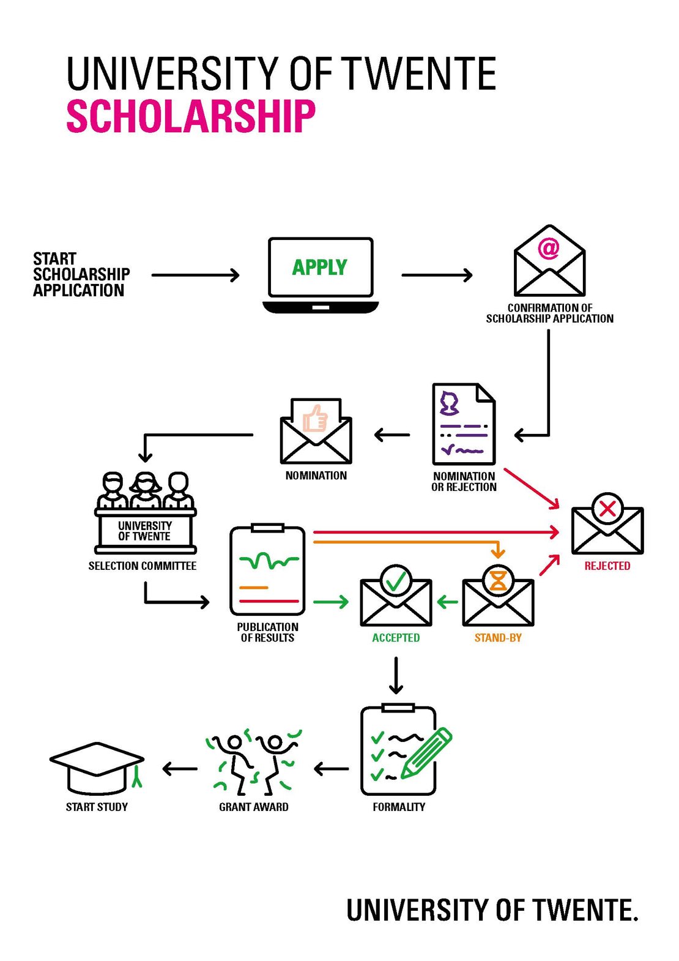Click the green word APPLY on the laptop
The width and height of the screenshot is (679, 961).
click(319, 267)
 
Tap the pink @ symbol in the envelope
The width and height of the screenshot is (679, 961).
click(549, 248)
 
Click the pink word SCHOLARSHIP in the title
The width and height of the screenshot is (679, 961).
click(191, 116)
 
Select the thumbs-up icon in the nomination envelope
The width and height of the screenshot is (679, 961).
click(316, 419)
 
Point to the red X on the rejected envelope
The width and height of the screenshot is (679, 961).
click(607, 509)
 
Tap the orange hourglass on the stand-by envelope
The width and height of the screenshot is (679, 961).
click(498, 580)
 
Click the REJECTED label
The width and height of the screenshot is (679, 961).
click(607, 566)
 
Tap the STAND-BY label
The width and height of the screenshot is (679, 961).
click(498, 638)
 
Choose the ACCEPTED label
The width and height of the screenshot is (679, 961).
click(396, 638)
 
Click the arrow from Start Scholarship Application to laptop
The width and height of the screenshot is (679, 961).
click(195, 275)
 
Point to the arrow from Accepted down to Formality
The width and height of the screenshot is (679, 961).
click(396, 675)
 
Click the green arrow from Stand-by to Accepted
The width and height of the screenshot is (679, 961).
click(448, 602)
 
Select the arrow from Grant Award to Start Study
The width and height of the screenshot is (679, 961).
click(180, 769)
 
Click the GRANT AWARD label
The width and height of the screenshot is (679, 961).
click(253, 807)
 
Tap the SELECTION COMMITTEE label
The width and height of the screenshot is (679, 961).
click(142, 566)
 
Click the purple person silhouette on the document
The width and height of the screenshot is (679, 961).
click(450, 402)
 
